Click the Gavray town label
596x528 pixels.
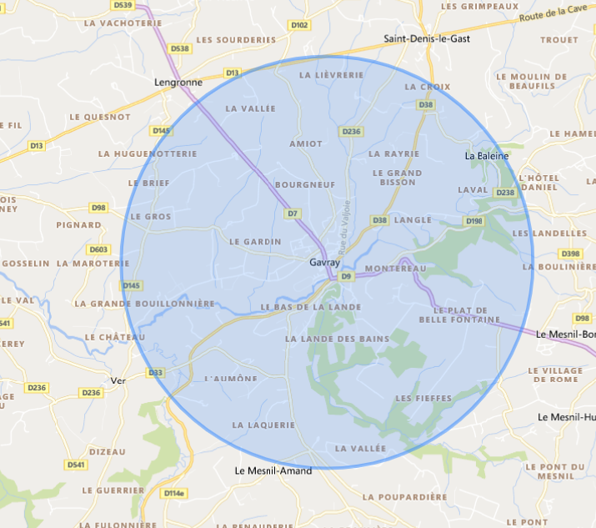324,262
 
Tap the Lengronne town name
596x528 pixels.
173,83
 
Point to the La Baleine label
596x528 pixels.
487,156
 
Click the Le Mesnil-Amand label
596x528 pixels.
273,470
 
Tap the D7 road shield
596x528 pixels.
293,214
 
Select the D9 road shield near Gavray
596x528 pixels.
347,275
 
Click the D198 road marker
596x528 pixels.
474,221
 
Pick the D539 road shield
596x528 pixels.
122,5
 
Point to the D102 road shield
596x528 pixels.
300,26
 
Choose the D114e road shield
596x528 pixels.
173,494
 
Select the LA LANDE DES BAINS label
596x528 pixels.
326,339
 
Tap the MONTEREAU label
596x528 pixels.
396,269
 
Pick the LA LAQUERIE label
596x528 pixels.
264,425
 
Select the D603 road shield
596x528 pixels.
98,249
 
